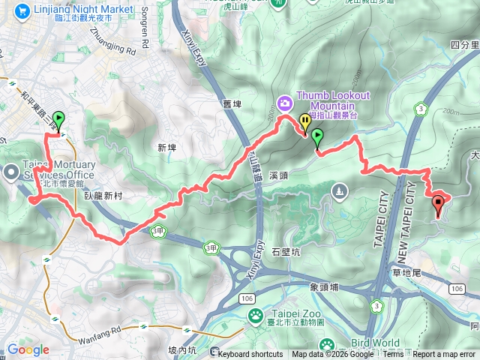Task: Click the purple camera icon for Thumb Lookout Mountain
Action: pos(284,102)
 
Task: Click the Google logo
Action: pos(28,349)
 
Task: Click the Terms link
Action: pos(393,355)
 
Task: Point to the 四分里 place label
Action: pos(465,46)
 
